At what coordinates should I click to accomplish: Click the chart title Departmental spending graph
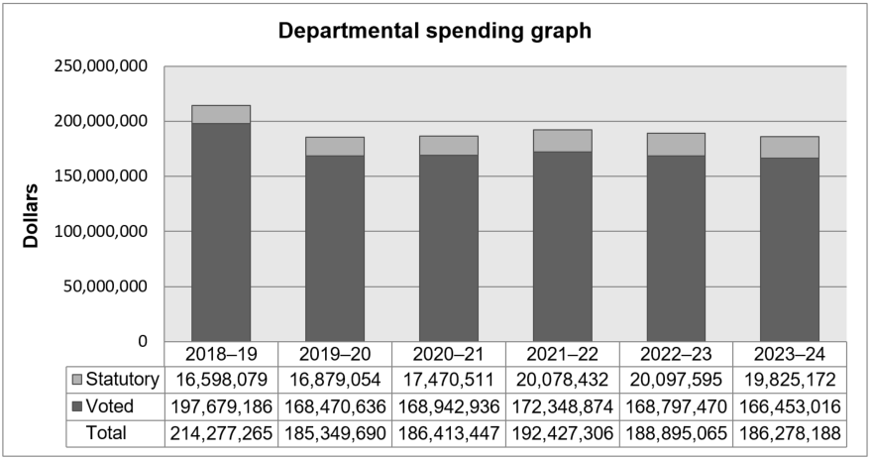click(x=434, y=31)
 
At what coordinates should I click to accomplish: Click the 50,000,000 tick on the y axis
click(x=105, y=286)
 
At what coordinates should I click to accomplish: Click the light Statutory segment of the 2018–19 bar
click(x=221, y=114)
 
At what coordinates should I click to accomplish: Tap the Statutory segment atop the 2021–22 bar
click(x=562, y=141)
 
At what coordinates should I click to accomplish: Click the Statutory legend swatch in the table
click(x=78, y=380)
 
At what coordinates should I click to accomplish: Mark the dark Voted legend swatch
click(x=78, y=406)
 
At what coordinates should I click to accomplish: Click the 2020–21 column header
click(x=448, y=354)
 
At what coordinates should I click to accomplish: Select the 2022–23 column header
click(x=676, y=354)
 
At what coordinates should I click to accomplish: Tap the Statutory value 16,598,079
click(x=221, y=380)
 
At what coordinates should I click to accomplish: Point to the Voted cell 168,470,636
click(x=335, y=406)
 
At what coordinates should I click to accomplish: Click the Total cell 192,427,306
click(x=562, y=433)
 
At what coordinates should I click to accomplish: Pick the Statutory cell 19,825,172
click(x=790, y=380)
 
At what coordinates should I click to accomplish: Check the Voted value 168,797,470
click(x=676, y=406)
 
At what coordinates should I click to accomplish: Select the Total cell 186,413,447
click(x=448, y=433)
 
